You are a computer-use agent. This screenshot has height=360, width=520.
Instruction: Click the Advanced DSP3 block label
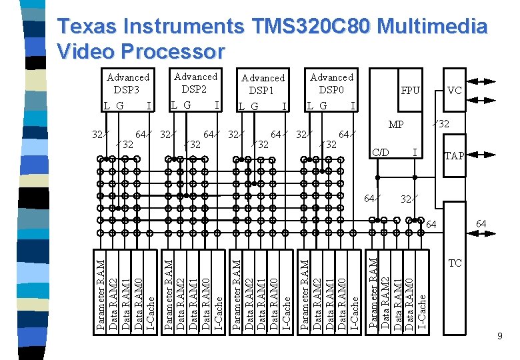(128, 83)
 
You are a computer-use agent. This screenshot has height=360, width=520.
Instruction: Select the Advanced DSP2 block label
(195, 83)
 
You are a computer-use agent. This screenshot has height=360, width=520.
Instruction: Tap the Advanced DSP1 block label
(263, 84)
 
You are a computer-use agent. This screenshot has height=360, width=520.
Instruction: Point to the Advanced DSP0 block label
(331, 83)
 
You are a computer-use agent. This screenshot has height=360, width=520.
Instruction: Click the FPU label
(410, 90)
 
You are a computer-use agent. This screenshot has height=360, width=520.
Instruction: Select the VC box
(455, 90)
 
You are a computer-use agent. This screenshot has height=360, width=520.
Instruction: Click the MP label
(396, 125)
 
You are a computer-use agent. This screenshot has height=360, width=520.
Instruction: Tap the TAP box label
(455, 156)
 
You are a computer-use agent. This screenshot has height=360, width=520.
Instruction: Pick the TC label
(455, 263)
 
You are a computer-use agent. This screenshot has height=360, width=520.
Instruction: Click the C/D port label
(381, 153)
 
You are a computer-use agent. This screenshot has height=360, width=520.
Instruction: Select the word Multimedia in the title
(431, 27)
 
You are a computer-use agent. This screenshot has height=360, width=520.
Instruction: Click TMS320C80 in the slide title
(309, 27)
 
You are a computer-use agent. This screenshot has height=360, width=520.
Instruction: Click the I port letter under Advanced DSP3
(149, 105)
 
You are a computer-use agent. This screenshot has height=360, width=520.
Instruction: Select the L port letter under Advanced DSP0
(309, 105)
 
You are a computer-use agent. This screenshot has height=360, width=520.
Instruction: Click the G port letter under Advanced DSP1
(255, 107)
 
